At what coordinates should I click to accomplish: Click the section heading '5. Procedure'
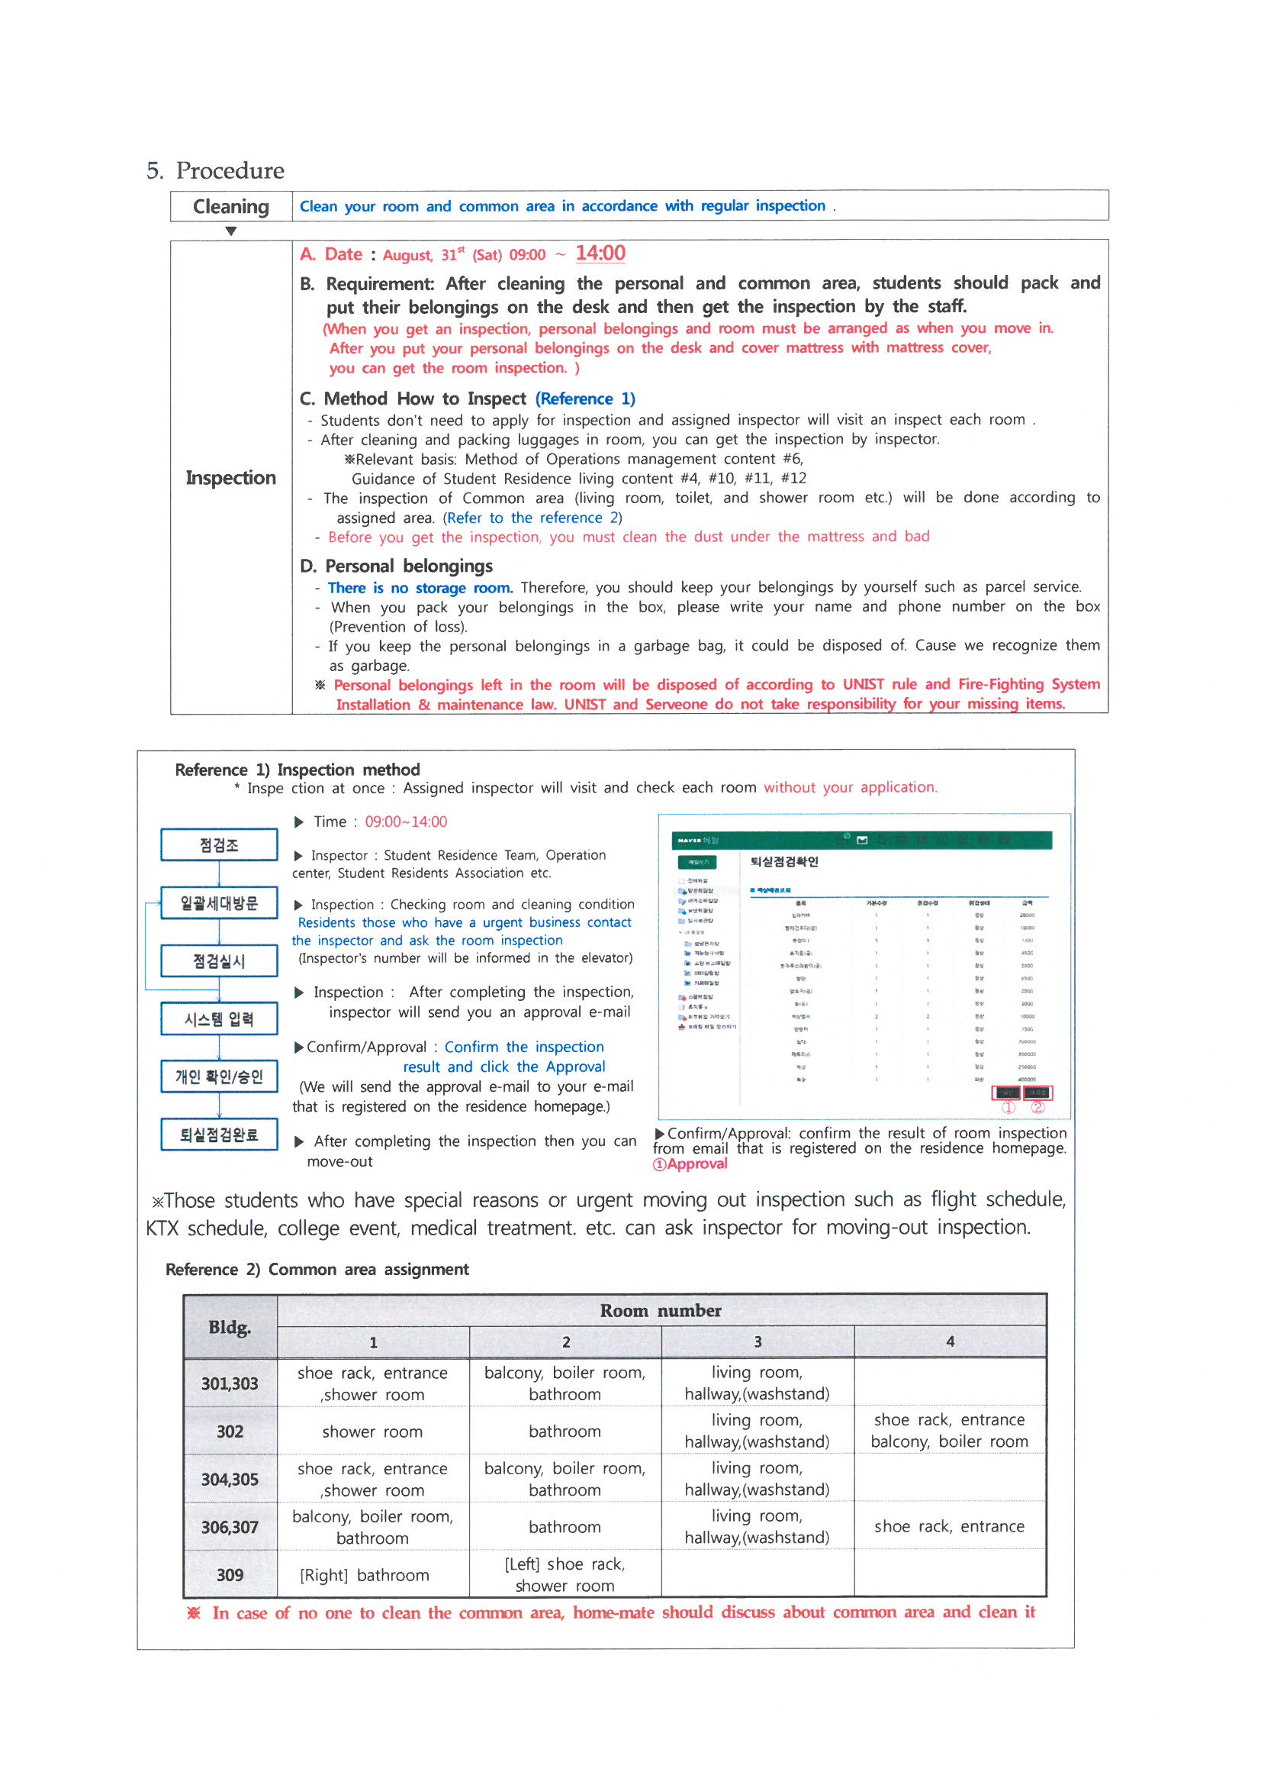[215, 170]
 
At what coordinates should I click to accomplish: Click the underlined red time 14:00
[600, 253]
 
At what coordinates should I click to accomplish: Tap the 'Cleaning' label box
[230, 206]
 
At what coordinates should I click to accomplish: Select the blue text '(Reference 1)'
[585, 399]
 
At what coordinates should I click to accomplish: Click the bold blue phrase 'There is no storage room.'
[420, 588]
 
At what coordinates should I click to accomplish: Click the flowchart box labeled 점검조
[219, 845]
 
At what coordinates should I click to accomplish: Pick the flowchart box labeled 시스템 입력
[219, 1019]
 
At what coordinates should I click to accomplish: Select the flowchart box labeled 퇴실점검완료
[219, 1135]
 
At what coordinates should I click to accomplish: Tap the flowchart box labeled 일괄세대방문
[219, 903]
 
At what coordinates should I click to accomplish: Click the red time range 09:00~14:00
[406, 821]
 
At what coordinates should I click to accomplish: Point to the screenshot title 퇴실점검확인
[784, 861]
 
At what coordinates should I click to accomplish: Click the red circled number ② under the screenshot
[1037, 1108]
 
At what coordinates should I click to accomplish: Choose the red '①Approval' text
[690, 1164]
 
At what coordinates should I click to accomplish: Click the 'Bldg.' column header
[230, 1327]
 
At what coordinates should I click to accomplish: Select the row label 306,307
[230, 1528]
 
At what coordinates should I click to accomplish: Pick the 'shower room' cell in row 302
[372, 1432]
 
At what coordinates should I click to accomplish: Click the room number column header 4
[950, 1342]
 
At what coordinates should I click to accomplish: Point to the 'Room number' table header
[661, 1311]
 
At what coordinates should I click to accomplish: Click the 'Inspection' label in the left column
[230, 477]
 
